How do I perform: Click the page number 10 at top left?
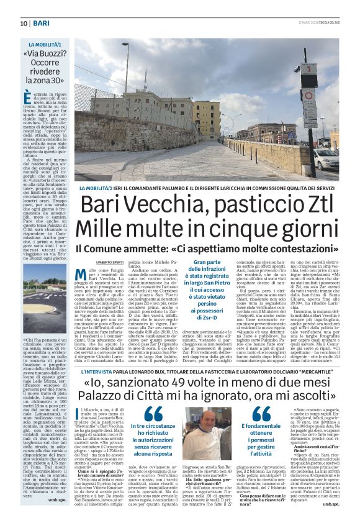[x=13, y=22]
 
